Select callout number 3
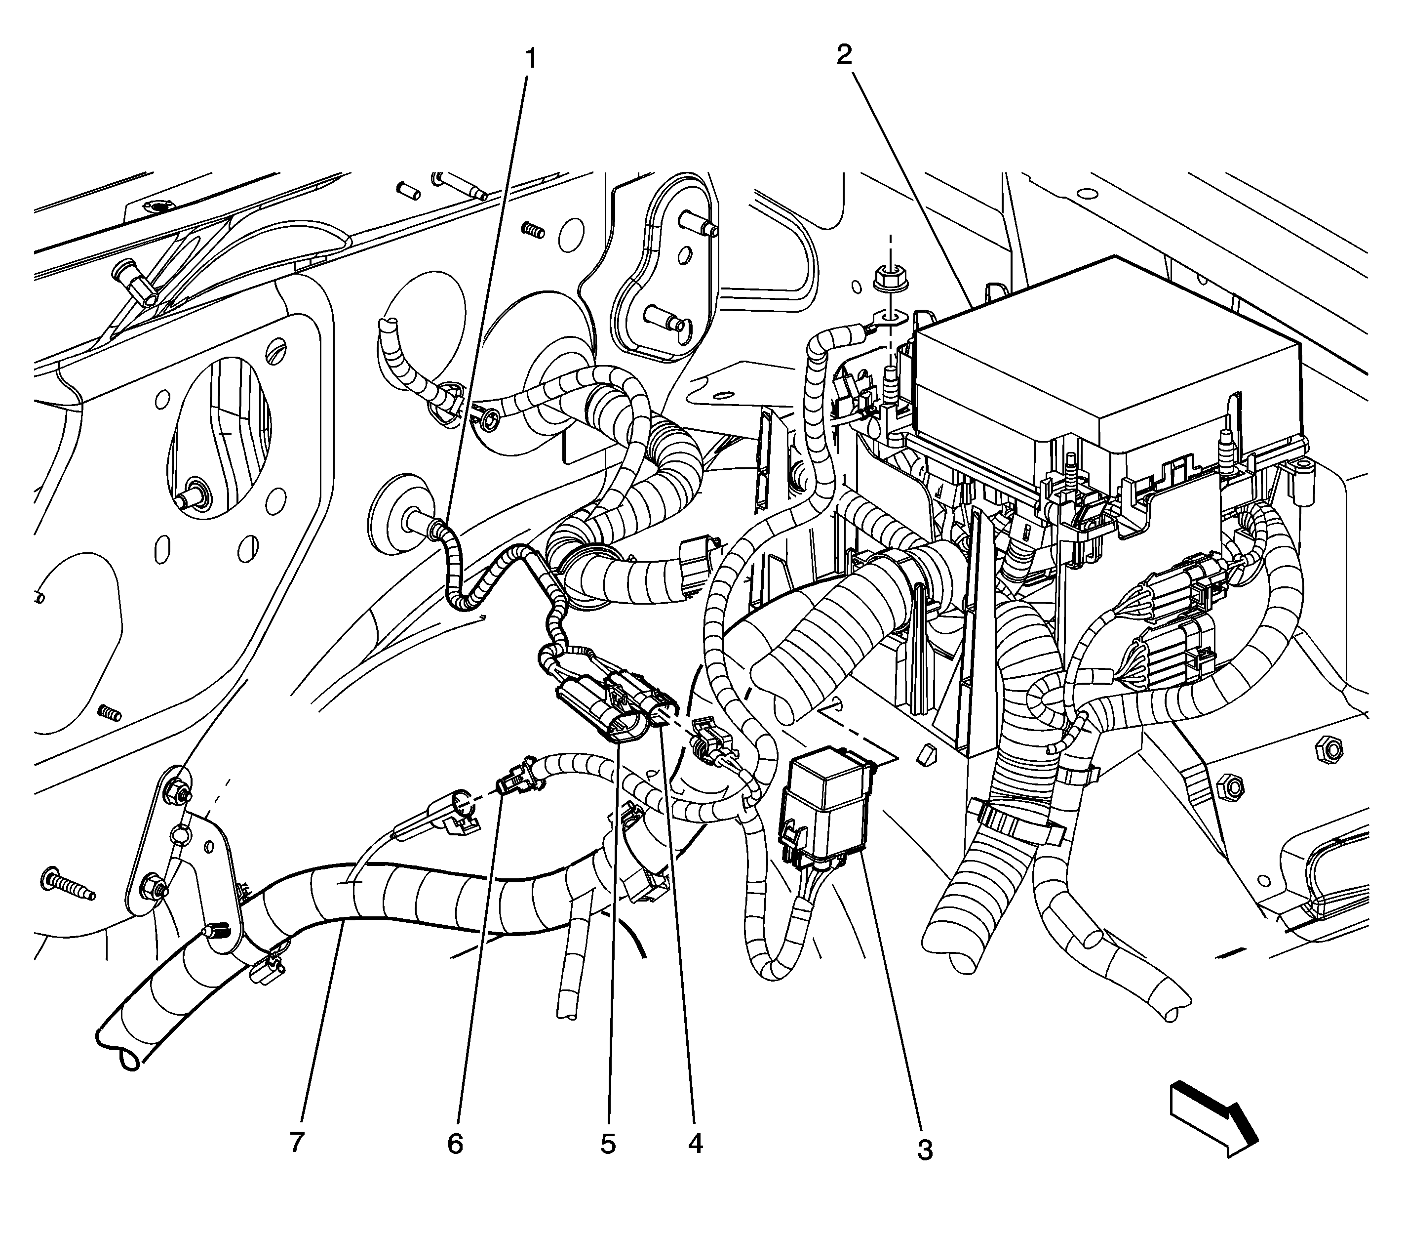[x=925, y=1149]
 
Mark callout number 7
[x=296, y=1142]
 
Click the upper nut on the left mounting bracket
[x=175, y=791]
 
